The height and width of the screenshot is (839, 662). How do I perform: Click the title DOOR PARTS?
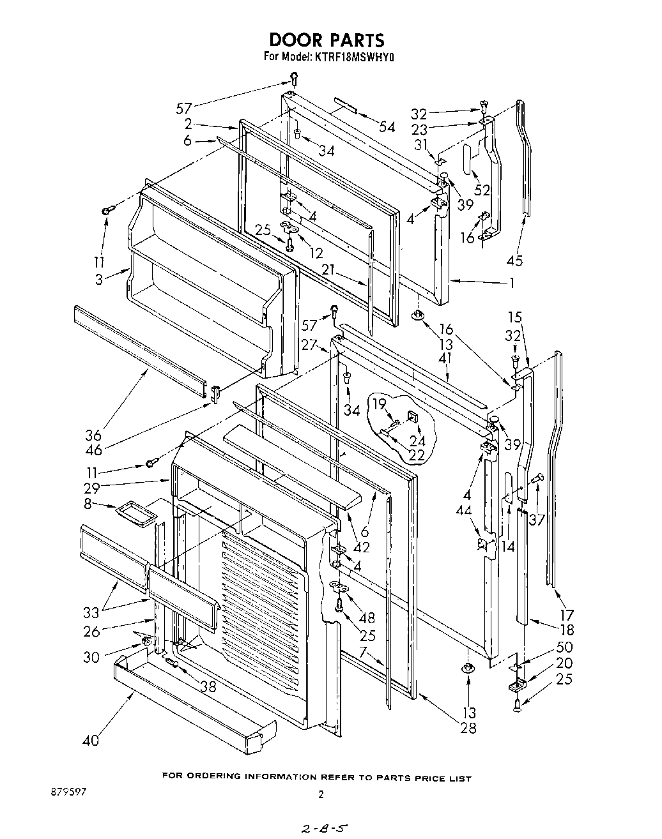coord(327,40)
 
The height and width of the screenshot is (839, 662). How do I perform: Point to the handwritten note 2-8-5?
coord(323,829)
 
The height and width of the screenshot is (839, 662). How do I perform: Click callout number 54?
coord(387,127)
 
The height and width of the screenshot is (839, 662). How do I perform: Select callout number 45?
coord(514,261)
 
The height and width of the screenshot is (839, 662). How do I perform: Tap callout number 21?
coord(328,271)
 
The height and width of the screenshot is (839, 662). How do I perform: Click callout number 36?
coord(93,436)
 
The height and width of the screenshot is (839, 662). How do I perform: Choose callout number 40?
coord(91,741)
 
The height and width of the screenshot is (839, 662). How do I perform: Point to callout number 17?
coord(566,616)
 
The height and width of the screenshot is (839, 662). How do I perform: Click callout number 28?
coord(468,727)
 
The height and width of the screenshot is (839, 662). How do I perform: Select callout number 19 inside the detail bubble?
coord(380,404)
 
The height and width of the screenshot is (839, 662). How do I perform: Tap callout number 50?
coord(564,647)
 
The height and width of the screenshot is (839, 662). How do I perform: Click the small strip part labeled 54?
coord(344,105)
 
